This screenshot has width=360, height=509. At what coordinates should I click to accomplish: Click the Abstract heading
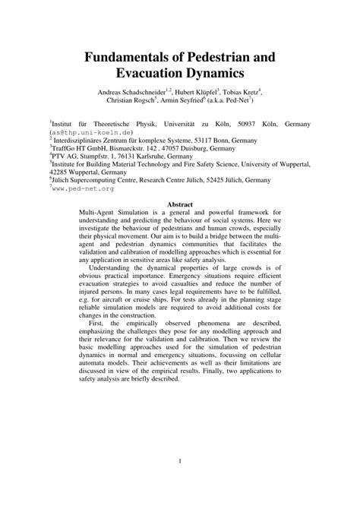[180, 204]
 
